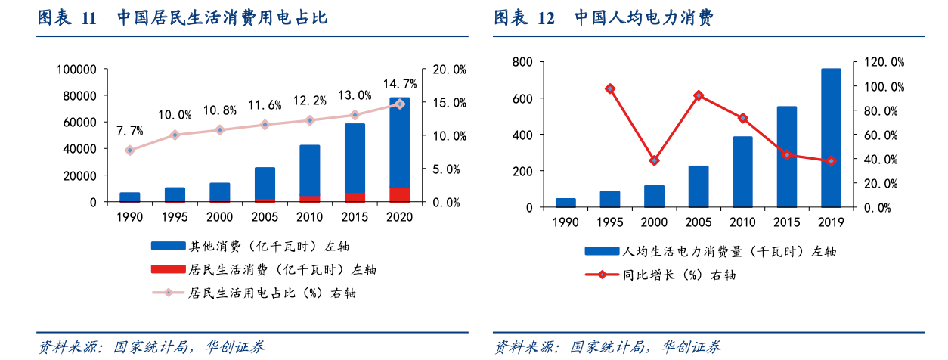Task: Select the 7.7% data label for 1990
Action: [x=129, y=132]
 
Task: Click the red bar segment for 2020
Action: [x=400, y=194]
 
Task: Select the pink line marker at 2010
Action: [x=310, y=120]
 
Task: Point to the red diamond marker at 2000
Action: [x=654, y=160]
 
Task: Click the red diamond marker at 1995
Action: [x=609, y=88]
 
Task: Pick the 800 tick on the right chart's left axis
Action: [x=523, y=62]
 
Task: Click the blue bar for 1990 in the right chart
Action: [x=565, y=203]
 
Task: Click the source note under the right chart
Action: [x=607, y=347]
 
